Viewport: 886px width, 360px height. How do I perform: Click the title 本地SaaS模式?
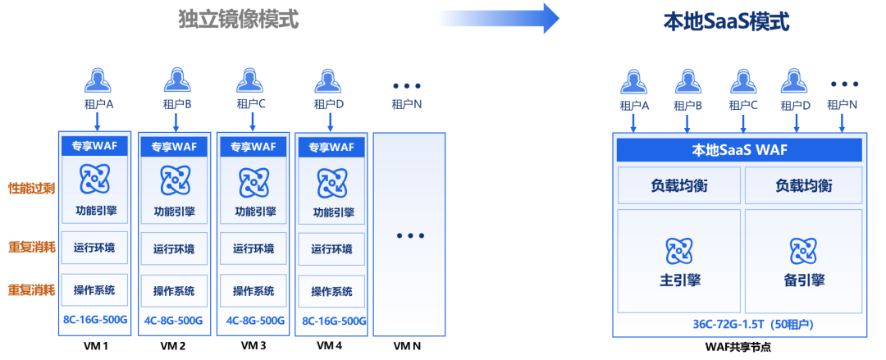pyautogui.click(x=725, y=21)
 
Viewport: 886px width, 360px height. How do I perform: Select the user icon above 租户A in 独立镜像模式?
pyautogui.click(x=98, y=80)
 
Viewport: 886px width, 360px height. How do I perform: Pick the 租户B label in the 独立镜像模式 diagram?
pyautogui.click(x=176, y=104)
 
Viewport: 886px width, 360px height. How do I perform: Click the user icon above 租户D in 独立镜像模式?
pyautogui.click(x=329, y=80)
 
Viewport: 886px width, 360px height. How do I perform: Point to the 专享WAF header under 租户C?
pyautogui.click(x=253, y=147)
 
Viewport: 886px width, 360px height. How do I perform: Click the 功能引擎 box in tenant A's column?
pyautogui.click(x=95, y=211)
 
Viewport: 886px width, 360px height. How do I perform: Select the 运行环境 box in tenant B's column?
pyautogui.click(x=174, y=248)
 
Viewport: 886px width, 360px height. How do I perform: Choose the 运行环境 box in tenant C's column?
pyautogui.click(x=253, y=248)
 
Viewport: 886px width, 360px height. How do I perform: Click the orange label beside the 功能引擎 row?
pyautogui.click(x=31, y=189)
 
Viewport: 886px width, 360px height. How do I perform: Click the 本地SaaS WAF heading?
pyautogui.click(x=739, y=150)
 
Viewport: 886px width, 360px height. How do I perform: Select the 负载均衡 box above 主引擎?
pyautogui.click(x=678, y=185)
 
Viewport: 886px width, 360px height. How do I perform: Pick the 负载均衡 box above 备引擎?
pyautogui.click(x=803, y=185)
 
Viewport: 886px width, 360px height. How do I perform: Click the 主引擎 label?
pyautogui.click(x=678, y=280)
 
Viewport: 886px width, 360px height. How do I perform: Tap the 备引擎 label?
pyautogui.click(x=803, y=280)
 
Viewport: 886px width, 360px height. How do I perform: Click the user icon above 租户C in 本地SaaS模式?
pyautogui.click(x=742, y=80)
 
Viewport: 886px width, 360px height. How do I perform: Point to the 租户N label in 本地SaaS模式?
pyautogui.click(x=843, y=105)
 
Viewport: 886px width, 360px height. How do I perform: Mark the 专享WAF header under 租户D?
pyautogui.click(x=331, y=147)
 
